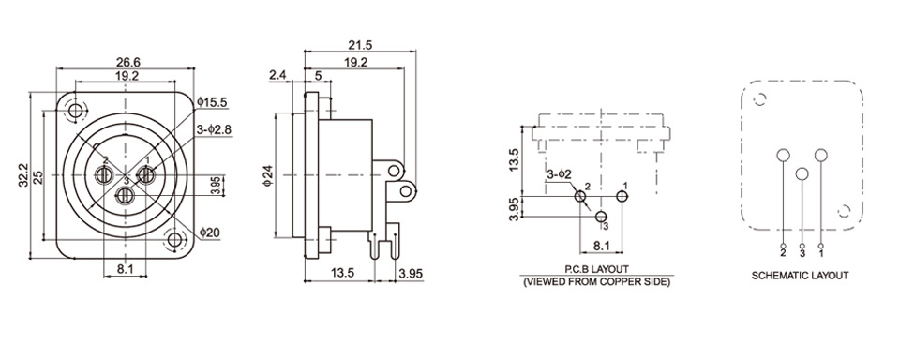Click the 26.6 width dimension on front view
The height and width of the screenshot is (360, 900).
point(128,62)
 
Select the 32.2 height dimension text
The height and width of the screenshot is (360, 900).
point(22,174)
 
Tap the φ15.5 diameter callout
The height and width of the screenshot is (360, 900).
point(213,103)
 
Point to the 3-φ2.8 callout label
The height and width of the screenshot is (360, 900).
point(214,129)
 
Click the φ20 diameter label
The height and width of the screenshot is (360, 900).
point(209,232)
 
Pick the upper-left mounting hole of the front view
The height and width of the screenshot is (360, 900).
point(75,110)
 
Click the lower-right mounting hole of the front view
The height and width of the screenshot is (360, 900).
point(174,239)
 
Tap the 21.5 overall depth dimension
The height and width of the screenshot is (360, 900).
point(360,44)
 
